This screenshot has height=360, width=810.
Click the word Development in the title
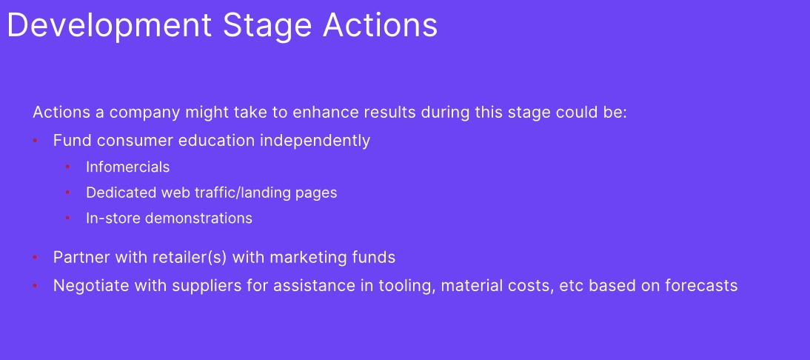[x=110, y=25]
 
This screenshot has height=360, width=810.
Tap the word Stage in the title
[x=267, y=25]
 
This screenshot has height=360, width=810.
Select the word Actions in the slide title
[x=381, y=24]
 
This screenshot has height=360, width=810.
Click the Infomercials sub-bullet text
[x=127, y=167]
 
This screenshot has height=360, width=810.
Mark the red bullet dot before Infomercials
[x=67, y=167]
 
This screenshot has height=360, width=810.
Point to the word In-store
[x=113, y=218]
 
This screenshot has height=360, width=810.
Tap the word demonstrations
[x=198, y=218]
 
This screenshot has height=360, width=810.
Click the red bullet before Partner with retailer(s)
[x=35, y=257]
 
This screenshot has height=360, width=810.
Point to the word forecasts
[x=704, y=285]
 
